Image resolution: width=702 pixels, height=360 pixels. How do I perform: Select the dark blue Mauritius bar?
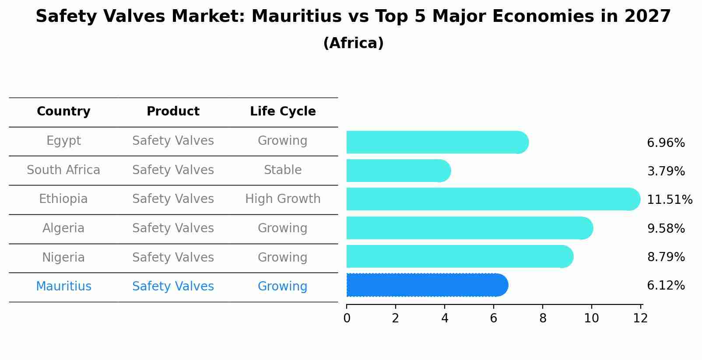pyautogui.click(x=427, y=285)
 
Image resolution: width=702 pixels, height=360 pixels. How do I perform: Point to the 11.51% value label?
pyautogui.click(x=669, y=200)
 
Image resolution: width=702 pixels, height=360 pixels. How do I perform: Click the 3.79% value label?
pyautogui.click(x=666, y=171)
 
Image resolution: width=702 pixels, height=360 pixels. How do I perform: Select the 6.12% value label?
pyautogui.click(x=666, y=286)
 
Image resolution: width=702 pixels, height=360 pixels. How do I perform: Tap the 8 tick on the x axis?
pyautogui.click(x=543, y=318)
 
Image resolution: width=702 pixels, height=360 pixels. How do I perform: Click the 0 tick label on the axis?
pyautogui.click(x=347, y=318)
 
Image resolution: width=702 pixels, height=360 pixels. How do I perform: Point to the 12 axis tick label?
pyautogui.click(x=640, y=318)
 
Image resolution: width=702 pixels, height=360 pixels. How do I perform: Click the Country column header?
pyautogui.click(x=63, y=112)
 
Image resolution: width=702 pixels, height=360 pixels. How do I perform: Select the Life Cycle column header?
pyautogui.click(x=283, y=112)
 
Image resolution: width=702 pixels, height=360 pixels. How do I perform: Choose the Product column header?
pyautogui.click(x=173, y=112)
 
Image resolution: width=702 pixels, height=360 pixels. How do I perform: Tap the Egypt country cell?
pyautogui.click(x=63, y=141)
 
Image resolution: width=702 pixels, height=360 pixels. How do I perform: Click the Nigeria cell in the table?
pyautogui.click(x=63, y=257)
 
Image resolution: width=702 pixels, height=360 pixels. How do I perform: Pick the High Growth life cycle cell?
pyautogui.click(x=283, y=199)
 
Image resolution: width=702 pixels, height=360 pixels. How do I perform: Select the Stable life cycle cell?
pyautogui.click(x=283, y=170)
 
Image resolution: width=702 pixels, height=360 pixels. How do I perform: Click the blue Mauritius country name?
pyautogui.click(x=63, y=287)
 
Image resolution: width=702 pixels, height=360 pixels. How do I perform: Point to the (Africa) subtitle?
pyautogui.click(x=353, y=43)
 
